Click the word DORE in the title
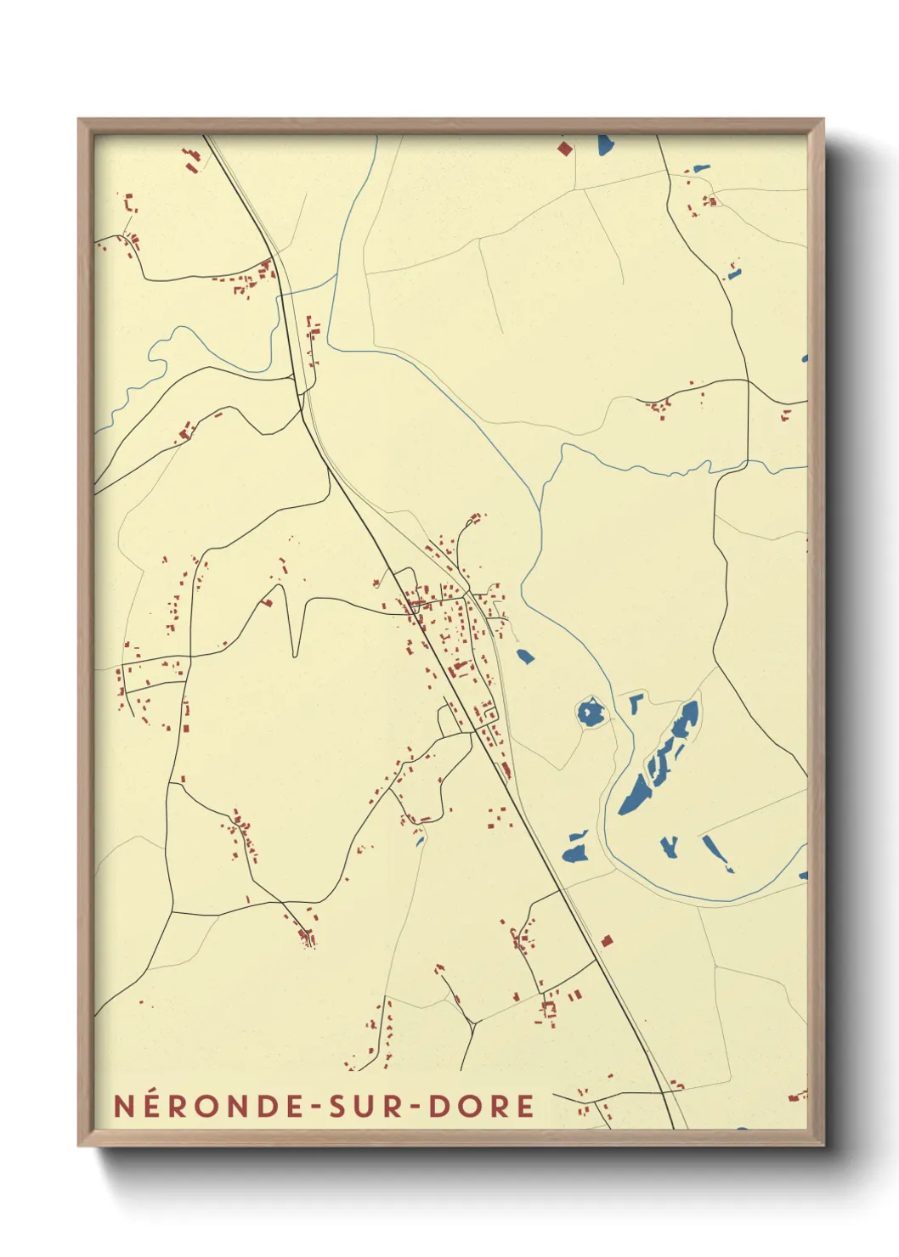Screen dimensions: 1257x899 482,1105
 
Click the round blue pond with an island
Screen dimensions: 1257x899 590,712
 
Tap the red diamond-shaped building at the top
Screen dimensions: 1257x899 564,149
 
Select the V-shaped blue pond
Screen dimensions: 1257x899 670,846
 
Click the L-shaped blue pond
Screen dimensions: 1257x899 635,702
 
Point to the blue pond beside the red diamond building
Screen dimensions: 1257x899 604,144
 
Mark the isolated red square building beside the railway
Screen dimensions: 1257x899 607,940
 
